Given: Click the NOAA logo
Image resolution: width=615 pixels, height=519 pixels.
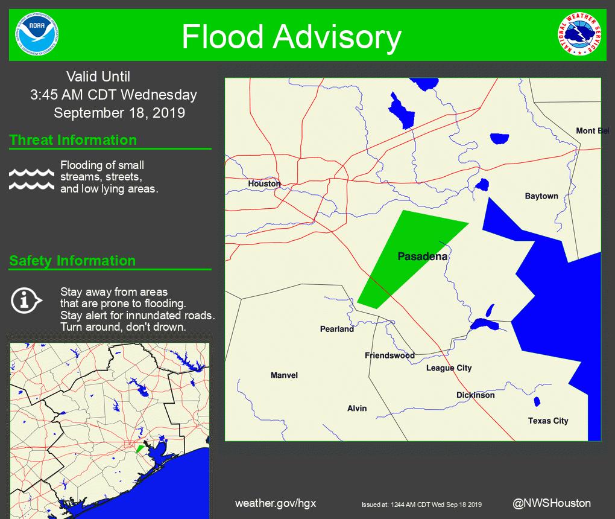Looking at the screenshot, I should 38,34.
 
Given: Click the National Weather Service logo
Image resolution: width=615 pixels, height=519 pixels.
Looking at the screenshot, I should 578,34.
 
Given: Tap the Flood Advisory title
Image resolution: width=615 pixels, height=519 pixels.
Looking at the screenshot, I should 291,37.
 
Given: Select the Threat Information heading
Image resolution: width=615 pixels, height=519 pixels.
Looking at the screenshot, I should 73,140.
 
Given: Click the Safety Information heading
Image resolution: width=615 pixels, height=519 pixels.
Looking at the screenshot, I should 72,261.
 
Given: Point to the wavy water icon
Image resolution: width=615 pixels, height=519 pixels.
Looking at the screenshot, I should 32,179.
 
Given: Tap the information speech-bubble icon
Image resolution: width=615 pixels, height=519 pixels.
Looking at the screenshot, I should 26,300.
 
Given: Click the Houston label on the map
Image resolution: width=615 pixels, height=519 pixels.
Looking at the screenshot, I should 264,183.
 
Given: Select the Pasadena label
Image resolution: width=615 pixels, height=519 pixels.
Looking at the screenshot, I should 423,256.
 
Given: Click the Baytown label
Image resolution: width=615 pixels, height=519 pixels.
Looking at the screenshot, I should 541,196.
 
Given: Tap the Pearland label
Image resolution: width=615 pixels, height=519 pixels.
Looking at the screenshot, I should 337,329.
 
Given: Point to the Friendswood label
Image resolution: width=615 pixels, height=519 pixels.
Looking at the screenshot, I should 389,355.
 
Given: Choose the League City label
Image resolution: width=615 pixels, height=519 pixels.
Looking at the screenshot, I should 449,368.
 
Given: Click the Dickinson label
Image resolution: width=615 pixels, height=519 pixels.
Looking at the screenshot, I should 475,395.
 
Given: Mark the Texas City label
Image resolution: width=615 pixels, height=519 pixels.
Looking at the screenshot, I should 548,421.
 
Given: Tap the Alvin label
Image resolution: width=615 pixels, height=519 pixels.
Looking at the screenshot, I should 357,409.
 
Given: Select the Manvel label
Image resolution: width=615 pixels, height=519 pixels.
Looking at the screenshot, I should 284,375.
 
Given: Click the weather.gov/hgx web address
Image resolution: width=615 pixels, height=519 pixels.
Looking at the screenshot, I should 276,503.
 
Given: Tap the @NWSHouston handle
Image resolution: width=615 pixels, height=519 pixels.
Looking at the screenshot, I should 552,503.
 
